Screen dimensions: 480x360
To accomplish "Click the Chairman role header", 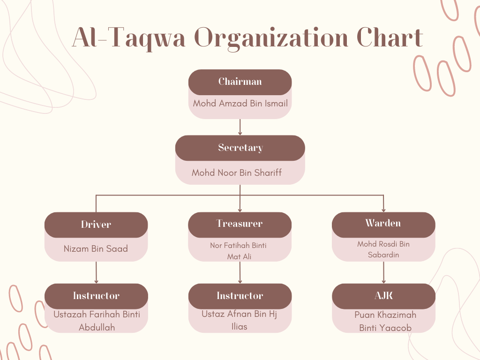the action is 240,82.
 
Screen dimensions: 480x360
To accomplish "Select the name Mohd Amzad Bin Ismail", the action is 240,104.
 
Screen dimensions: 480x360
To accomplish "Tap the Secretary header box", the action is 240,148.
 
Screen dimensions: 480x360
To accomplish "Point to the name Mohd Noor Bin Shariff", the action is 237,172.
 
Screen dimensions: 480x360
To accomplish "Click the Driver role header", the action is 96,225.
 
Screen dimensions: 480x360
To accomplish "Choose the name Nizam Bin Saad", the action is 96,248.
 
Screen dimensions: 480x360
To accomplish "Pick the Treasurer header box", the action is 240,225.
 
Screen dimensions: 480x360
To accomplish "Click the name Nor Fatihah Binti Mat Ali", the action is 239,251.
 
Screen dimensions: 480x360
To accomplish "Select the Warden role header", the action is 383,225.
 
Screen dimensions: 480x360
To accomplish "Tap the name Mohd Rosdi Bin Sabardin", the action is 383,249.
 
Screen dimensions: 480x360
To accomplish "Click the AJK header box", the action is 383,296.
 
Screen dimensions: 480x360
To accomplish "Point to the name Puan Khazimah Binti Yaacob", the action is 385,322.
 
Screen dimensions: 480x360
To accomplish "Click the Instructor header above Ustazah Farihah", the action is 96,296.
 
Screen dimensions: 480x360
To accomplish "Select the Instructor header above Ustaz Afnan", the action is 240,296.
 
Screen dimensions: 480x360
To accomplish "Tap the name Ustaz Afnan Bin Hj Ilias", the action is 240,320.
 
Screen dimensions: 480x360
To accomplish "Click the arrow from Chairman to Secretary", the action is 240,127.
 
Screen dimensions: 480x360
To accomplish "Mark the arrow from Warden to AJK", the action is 383,272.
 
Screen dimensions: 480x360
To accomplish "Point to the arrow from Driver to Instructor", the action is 96,272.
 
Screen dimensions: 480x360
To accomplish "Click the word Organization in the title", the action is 271,38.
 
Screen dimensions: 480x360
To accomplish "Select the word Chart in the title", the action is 390,37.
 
